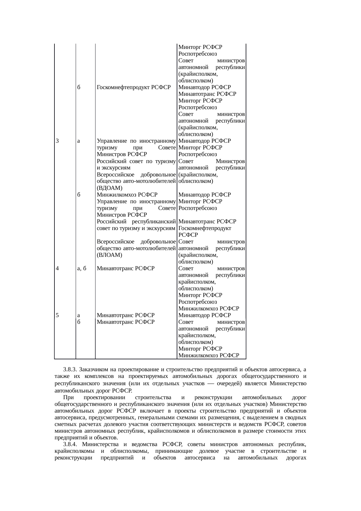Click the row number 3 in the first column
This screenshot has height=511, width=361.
[58, 141]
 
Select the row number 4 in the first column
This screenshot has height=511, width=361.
[58, 268]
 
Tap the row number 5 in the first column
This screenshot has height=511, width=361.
[58, 315]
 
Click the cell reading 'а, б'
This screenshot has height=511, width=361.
[82, 268]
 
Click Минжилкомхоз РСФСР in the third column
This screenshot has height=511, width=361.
[127, 195]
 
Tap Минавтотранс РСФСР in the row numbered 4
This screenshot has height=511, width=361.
[125, 268]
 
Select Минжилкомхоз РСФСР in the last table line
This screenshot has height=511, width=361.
[209, 355]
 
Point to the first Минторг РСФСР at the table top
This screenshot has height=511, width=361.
[200, 47]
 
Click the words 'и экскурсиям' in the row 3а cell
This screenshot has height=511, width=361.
[114, 168]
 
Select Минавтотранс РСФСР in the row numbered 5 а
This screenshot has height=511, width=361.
[125, 315]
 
